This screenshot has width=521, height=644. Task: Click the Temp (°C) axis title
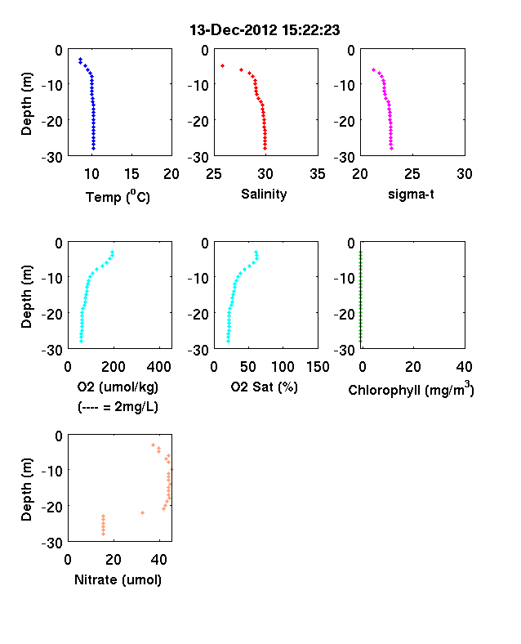[x=118, y=197]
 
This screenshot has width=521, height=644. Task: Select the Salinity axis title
[x=264, y=194]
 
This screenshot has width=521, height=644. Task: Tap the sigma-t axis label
[x=411, y=194]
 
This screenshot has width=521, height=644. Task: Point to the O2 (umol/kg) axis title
[x=118, y=387]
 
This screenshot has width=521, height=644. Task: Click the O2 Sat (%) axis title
[x=264, y=387]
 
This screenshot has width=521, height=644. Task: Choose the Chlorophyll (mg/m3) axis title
[x=411, y=389]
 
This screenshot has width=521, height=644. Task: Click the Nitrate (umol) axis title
[x=118, y=579]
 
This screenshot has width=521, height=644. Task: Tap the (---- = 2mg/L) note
[x=118, y=407]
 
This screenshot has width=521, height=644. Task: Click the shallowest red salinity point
[x=222, y=65]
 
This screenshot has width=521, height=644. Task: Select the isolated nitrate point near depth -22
[x=142, y=512]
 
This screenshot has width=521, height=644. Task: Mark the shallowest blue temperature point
[x=80, y=59]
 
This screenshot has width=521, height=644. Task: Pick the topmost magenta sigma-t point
[x=373, y=69]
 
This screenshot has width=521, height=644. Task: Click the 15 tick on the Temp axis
[x=131, y=174]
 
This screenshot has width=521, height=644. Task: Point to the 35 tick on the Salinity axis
[x=318, y=174]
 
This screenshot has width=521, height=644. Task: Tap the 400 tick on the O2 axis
[x=158, y=367]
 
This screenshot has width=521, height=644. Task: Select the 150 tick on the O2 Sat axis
[x=318, y=367]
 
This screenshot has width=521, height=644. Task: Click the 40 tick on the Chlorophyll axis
[x=464, y=367]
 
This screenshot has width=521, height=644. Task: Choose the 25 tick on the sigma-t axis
[x=412, y=174]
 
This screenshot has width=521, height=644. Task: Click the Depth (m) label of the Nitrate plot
[x=26, y=490]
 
